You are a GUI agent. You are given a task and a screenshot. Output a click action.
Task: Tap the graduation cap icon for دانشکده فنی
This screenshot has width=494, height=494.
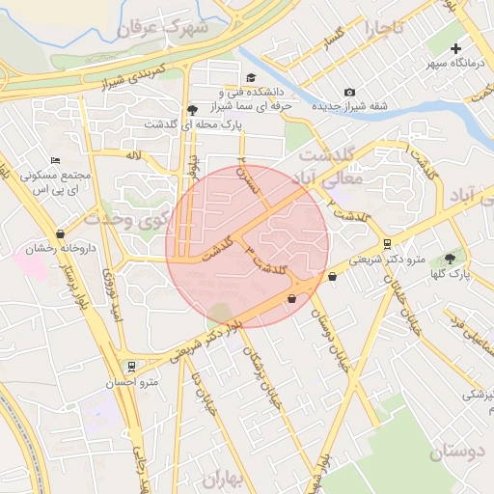251,78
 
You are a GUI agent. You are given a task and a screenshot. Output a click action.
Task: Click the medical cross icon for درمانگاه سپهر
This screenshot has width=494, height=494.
456,48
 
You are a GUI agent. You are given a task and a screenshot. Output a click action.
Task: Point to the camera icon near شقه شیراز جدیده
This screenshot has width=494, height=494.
349,92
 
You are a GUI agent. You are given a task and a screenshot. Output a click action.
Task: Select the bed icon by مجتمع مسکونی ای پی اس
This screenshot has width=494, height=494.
55,160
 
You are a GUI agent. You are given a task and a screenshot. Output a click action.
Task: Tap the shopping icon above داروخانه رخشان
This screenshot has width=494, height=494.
62,233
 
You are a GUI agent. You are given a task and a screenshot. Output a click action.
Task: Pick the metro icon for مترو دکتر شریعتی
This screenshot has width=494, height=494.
387,244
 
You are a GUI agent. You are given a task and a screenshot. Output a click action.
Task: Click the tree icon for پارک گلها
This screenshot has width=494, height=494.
450,258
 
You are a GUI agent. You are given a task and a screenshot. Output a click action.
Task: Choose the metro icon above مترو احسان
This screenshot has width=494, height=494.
131,367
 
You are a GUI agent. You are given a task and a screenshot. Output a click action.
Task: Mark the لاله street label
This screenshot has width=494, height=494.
134,153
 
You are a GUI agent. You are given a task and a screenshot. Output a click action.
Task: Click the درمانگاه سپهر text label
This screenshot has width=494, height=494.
454,65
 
